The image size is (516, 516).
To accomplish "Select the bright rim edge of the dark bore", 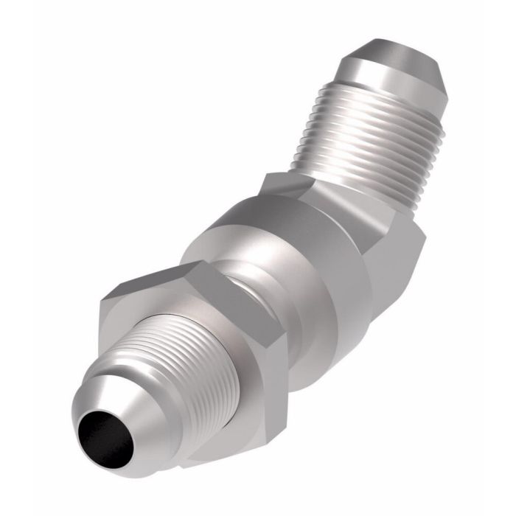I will (83, 424).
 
